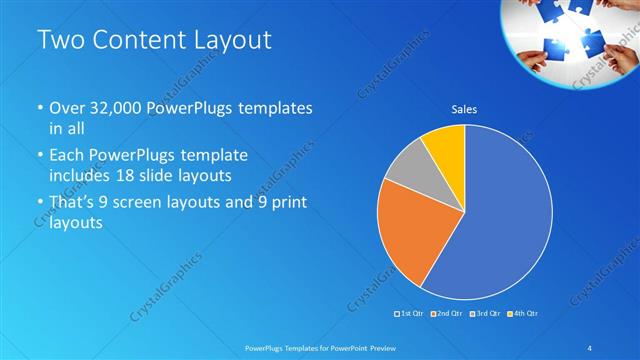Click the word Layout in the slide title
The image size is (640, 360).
228,41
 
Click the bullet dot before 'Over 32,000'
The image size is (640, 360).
40,108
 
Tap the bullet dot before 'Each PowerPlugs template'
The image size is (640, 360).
40,156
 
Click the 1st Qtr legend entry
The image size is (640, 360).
410,314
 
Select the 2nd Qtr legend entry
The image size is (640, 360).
445,314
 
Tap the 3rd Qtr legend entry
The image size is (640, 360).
485,314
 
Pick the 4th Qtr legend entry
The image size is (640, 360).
522,314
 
